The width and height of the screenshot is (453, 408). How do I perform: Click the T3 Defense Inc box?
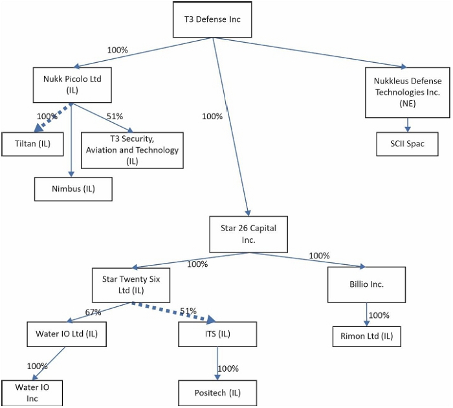point(212,19)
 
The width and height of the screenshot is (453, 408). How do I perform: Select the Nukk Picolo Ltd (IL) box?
point(72,85)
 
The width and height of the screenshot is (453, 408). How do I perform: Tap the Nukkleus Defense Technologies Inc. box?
point(407,93)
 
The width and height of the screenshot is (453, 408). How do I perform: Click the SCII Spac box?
point(407,144)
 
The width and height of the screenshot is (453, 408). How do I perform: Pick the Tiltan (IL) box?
point(32,144)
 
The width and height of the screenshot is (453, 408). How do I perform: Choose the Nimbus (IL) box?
point(73,189)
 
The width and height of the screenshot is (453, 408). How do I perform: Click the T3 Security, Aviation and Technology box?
point(132,150)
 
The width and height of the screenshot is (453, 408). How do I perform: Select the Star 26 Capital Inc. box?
point(249,234)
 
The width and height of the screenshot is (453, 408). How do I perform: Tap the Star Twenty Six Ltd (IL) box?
point(131,285)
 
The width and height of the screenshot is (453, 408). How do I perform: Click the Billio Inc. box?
point(366,284)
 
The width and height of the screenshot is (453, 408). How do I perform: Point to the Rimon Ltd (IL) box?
point(367,336)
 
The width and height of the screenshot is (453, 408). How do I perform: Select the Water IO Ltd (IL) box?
point(67,334)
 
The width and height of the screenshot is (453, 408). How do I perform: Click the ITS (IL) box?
point(217,334)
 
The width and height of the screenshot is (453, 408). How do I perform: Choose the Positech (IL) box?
point(217,392)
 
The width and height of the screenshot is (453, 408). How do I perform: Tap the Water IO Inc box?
point(32,393)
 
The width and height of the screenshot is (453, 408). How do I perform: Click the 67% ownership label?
point(93,312)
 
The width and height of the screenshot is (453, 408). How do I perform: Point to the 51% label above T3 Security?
point(115,116)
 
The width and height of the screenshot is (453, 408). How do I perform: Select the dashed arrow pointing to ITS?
point(173,312)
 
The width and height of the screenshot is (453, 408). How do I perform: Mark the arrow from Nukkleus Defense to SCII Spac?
point(407,125)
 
